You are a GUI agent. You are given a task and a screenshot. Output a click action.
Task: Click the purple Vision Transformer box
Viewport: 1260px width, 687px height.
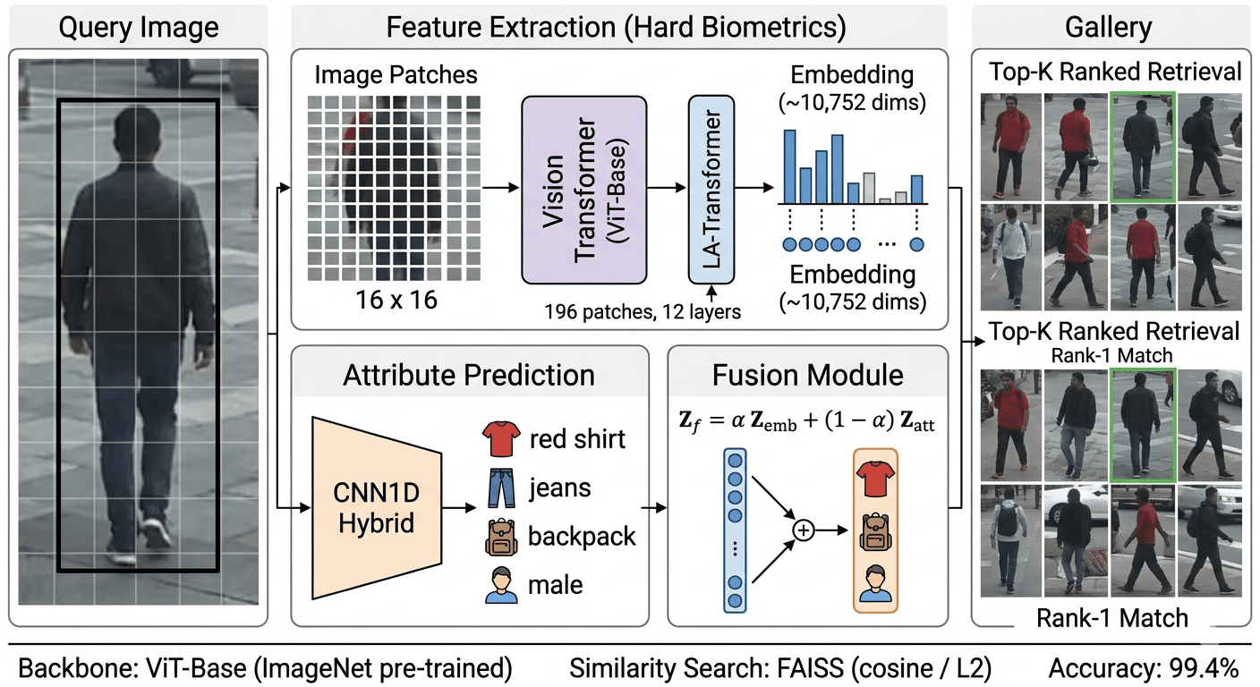[x=583, y=189]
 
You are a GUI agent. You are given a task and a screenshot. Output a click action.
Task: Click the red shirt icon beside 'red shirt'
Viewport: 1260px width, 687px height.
[x=500, y=439]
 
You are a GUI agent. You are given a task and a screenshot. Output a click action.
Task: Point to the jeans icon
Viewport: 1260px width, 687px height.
[x=500, y=488]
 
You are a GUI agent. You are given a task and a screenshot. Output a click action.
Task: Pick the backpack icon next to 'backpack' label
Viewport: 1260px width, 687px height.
[x=500, y=536]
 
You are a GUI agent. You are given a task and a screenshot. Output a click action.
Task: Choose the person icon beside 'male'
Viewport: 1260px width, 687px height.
[x=500, y=584]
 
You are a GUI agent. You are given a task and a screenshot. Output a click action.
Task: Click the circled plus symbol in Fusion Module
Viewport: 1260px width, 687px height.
[x=803, y=530]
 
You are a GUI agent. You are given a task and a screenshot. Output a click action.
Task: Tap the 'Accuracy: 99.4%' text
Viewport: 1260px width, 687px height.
[x=1143, y=668]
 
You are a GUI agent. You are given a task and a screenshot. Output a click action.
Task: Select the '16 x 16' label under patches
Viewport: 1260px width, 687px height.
[x=394, y=299]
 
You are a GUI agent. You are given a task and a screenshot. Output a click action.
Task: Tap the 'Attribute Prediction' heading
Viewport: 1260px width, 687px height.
[x=469, y=374]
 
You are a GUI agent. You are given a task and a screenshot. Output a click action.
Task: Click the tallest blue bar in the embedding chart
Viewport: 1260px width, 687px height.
[x=790, y=166]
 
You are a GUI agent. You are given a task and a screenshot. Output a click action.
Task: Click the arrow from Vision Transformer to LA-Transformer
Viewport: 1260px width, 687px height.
[x=666, y=189]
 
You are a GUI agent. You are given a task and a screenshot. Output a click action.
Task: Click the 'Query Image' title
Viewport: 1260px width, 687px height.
[x=138, y=27]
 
